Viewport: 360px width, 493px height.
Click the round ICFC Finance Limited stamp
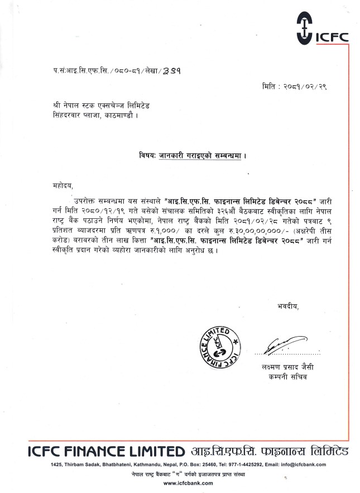217,347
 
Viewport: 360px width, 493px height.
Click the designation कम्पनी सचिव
281,377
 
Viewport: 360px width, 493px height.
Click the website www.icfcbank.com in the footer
180,482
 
